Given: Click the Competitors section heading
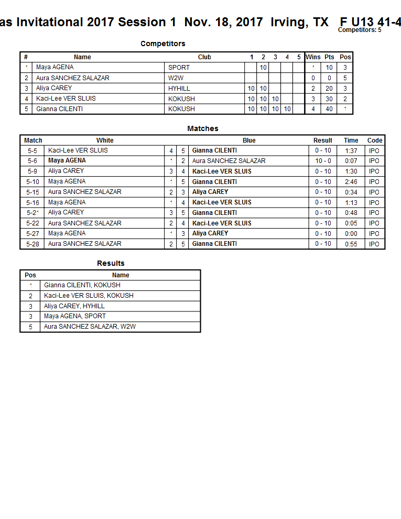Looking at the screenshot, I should point(162,44).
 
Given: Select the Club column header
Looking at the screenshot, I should point(204,57).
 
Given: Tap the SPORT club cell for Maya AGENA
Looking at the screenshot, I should point(179,68).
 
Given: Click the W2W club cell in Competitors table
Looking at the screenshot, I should point(176,78).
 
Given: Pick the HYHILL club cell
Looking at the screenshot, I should point(179,89).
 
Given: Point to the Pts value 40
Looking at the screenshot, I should point(329,109).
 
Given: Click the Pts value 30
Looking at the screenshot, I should point(329,99).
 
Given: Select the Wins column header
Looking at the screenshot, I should point(313,57).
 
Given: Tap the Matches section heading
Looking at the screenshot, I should point(203,128).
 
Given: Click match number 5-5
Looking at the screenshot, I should point(32,150).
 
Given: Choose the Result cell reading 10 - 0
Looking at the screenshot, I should point(323,161).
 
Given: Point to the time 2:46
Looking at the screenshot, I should point(351,182).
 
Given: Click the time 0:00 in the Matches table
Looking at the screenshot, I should point(351,234).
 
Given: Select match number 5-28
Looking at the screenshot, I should point(32,244).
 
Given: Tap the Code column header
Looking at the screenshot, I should point(375,140).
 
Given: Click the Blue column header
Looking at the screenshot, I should point(249,140).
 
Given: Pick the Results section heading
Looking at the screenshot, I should point(111,263).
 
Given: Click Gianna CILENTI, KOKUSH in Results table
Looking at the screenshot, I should point(82,285).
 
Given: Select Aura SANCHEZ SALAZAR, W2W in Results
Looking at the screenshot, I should point(90,327).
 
